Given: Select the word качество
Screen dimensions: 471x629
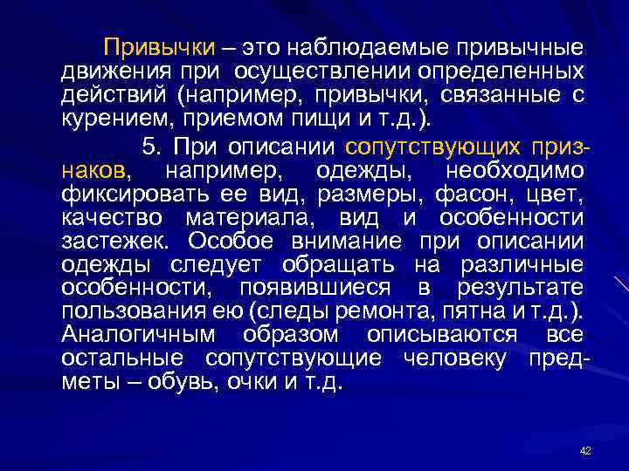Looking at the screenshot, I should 117,215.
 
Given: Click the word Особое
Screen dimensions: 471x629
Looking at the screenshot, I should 231,240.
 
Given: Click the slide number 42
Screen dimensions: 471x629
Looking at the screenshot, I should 585,449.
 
